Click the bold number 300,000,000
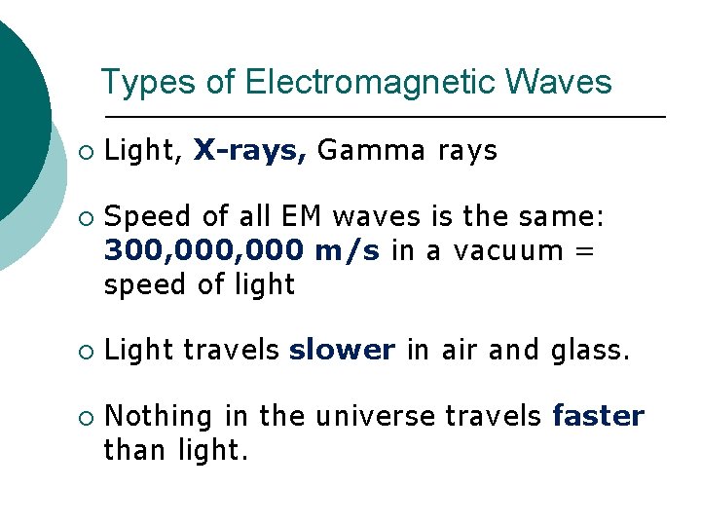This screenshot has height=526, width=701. tap(204, 250)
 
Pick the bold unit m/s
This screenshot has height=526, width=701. tap(348, 250)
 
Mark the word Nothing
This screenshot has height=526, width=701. tap(159, 416)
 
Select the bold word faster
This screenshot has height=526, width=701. tap(598, 416)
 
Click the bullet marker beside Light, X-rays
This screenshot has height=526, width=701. tap(85, 152)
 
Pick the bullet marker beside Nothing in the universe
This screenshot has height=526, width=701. tap(85, 417)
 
